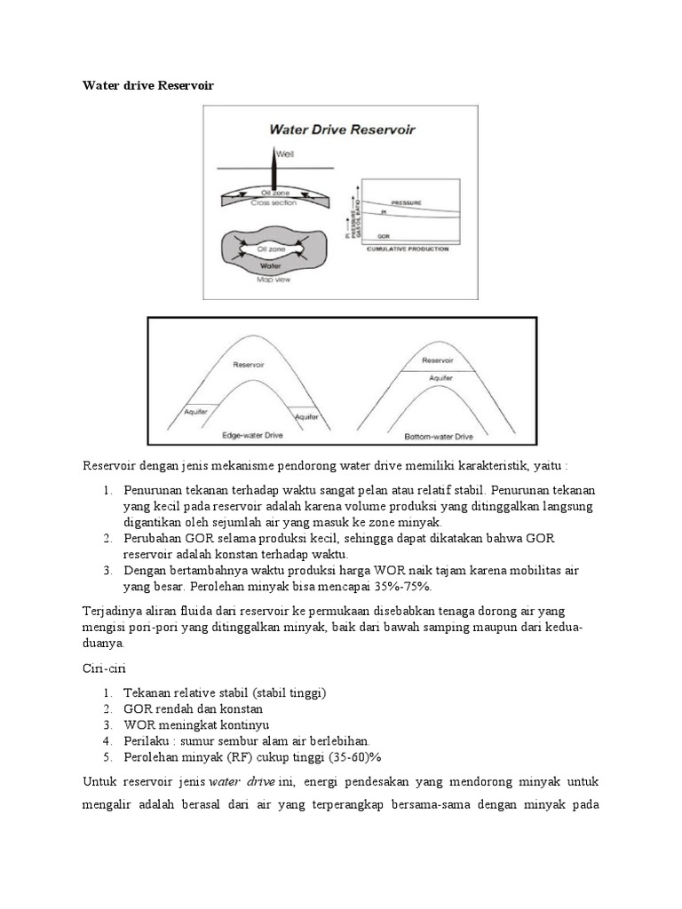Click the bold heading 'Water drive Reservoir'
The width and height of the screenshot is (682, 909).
148,85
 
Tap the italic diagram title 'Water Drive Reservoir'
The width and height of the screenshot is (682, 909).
342,130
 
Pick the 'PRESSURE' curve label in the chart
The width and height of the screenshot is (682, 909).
407,203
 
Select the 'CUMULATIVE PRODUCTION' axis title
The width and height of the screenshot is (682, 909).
408,249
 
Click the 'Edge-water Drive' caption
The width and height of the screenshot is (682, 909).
253,436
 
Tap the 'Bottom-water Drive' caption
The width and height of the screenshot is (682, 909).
440,437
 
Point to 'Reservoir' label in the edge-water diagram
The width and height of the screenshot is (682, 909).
249,364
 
